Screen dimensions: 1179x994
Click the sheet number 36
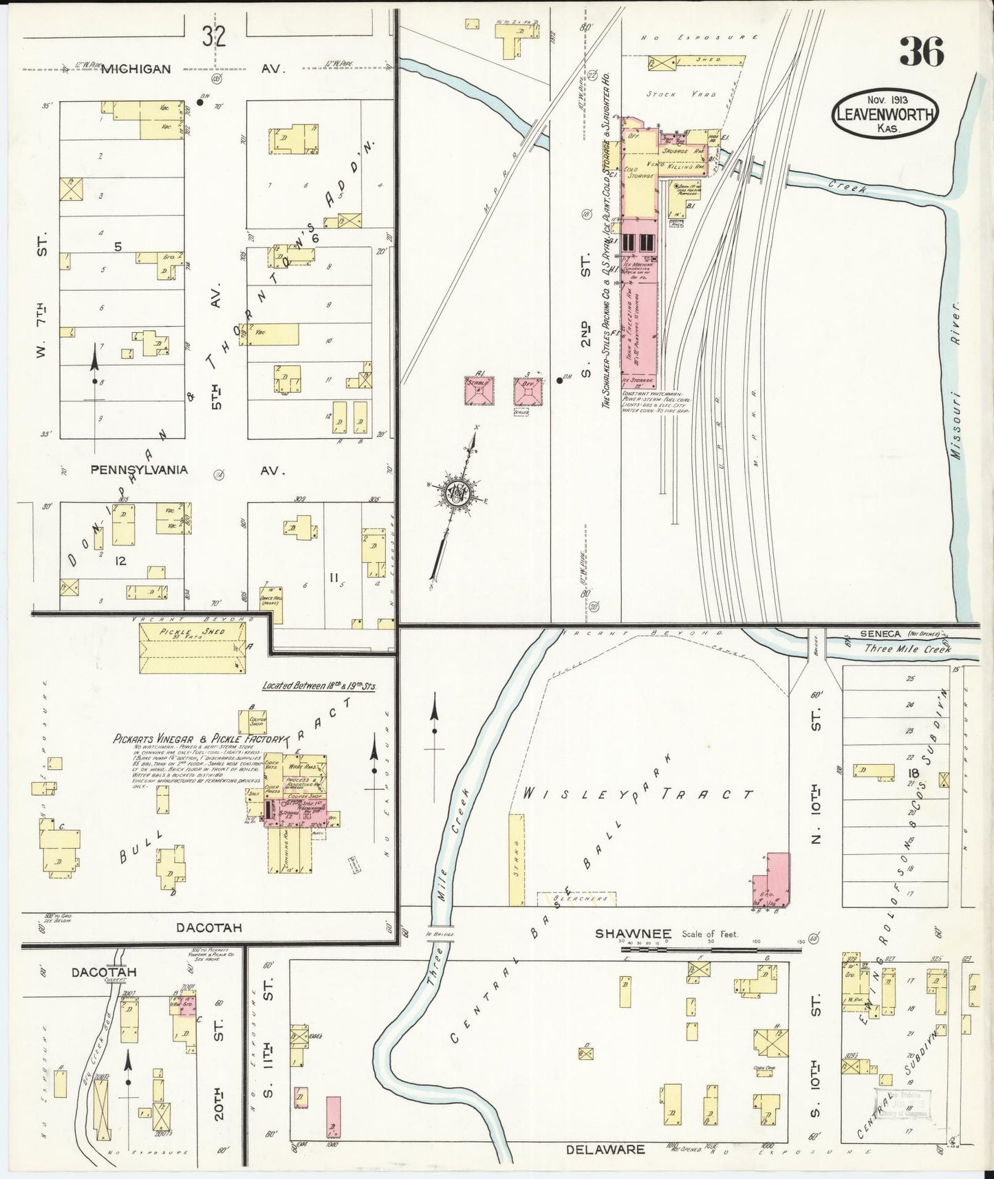(922, 51)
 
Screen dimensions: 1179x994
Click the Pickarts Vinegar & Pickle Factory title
(199, 739)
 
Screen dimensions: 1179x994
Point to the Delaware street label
(605, 1149)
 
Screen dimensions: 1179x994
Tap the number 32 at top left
(214, 36)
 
